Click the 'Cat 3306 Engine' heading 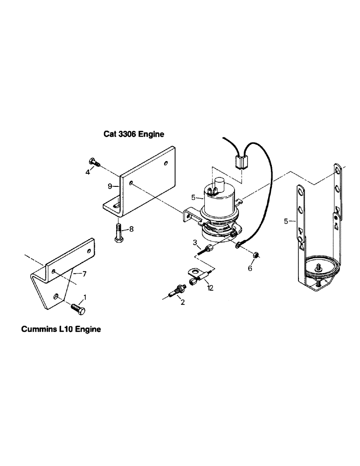(x=134, y=134)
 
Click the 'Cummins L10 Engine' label (x=61, y=329)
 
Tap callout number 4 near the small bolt (x=87, y=172)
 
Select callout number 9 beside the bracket (x=110, y=186)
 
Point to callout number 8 (x=132, y=229)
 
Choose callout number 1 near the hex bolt (x=84, y=297)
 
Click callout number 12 (x=210, y=288)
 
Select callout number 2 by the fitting (x=182, y=302)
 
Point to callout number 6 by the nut (x=249, y=268)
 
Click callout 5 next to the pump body (x=193, y=198)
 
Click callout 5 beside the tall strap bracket (x=286, y=221)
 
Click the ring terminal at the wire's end (x=239, y=244)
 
